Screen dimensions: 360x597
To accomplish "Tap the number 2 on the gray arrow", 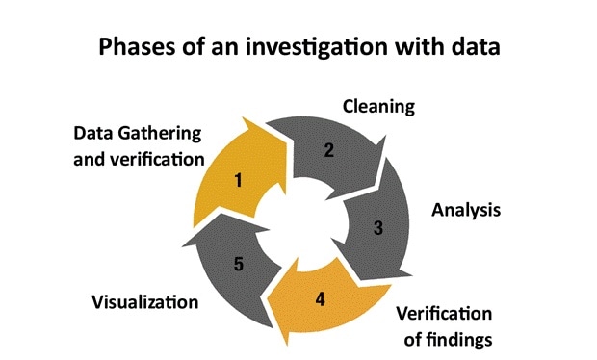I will [x=328, y=149].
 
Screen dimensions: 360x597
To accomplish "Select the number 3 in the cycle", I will [x=378, y=228].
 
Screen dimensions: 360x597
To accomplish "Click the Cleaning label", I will [x=378, y=106].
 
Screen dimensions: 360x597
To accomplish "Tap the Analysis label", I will [x=467, y=209].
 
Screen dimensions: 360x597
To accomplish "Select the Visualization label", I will [x=144, y=301].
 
